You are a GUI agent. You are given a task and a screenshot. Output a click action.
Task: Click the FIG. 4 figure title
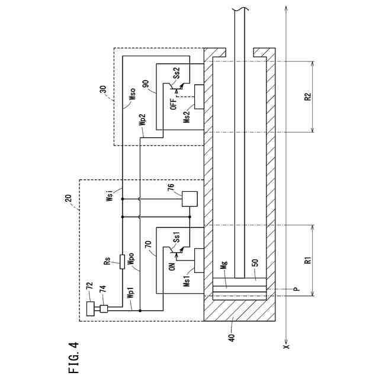(73, 355)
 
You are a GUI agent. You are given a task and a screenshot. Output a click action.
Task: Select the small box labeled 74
(103, 309)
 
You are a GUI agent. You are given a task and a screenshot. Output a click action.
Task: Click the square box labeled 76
(190, 198)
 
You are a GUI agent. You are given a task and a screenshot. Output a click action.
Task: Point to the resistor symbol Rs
(122, 261)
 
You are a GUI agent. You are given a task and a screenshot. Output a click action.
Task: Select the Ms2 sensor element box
(197, 97)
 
